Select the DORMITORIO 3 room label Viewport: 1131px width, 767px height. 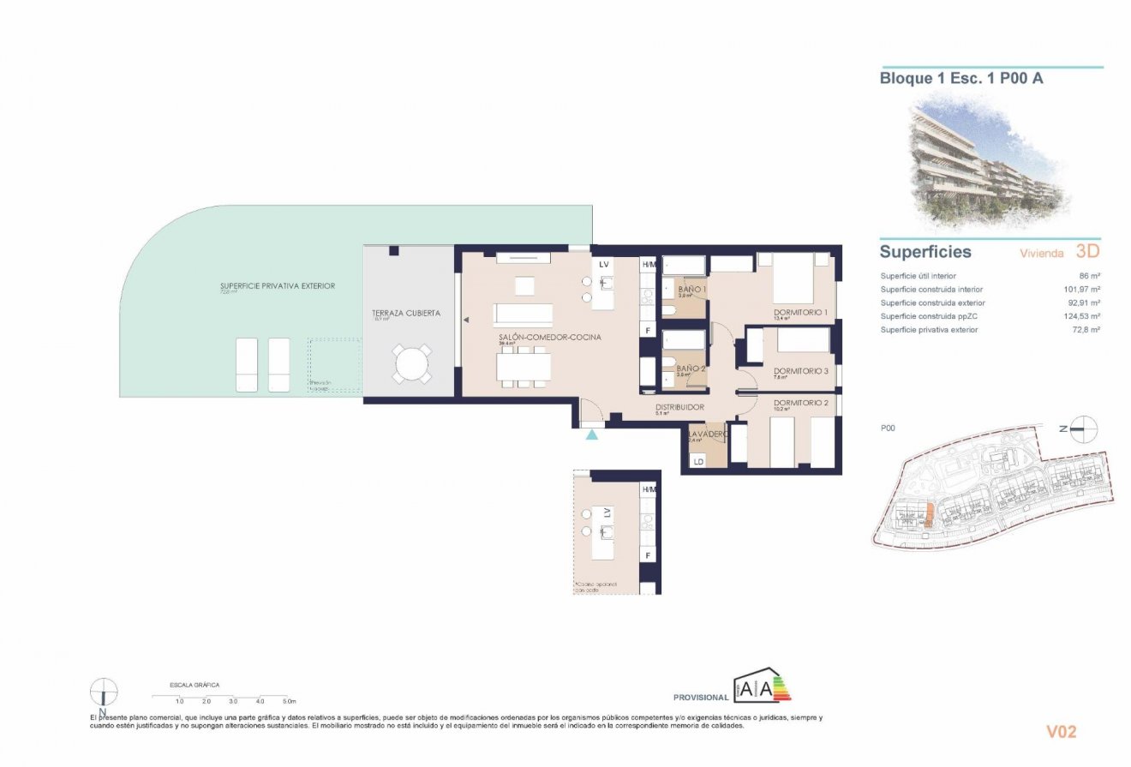pos(803,371)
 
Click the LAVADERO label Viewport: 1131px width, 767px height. pos(708,434)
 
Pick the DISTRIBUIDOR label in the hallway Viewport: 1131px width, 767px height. pos(679,407)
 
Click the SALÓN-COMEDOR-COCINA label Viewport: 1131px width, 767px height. pos(550,338)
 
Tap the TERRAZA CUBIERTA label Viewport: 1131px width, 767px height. pos(406,314)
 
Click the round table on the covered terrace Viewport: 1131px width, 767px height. pos(413,363)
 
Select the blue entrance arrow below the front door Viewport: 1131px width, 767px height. pos(592,435)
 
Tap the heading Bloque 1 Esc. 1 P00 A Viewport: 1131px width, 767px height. pos(960,79)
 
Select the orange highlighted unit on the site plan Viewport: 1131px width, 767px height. pos(927,515)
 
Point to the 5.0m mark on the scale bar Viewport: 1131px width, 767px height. pos(289,701)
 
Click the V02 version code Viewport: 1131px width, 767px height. pos(1061,732)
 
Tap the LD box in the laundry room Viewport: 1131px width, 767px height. pos(698,462)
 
